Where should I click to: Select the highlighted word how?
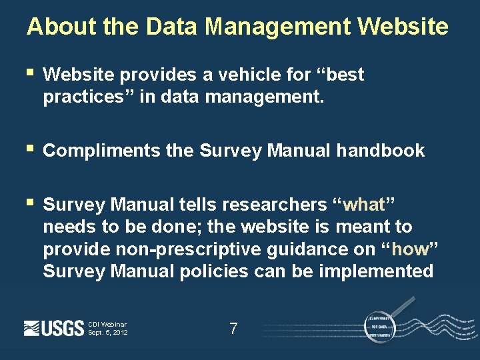[410, 249]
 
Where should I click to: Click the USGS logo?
[53, 328]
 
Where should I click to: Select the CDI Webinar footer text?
[107, 325]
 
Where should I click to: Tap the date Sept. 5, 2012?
[107, 333]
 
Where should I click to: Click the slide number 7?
[233, 328]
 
